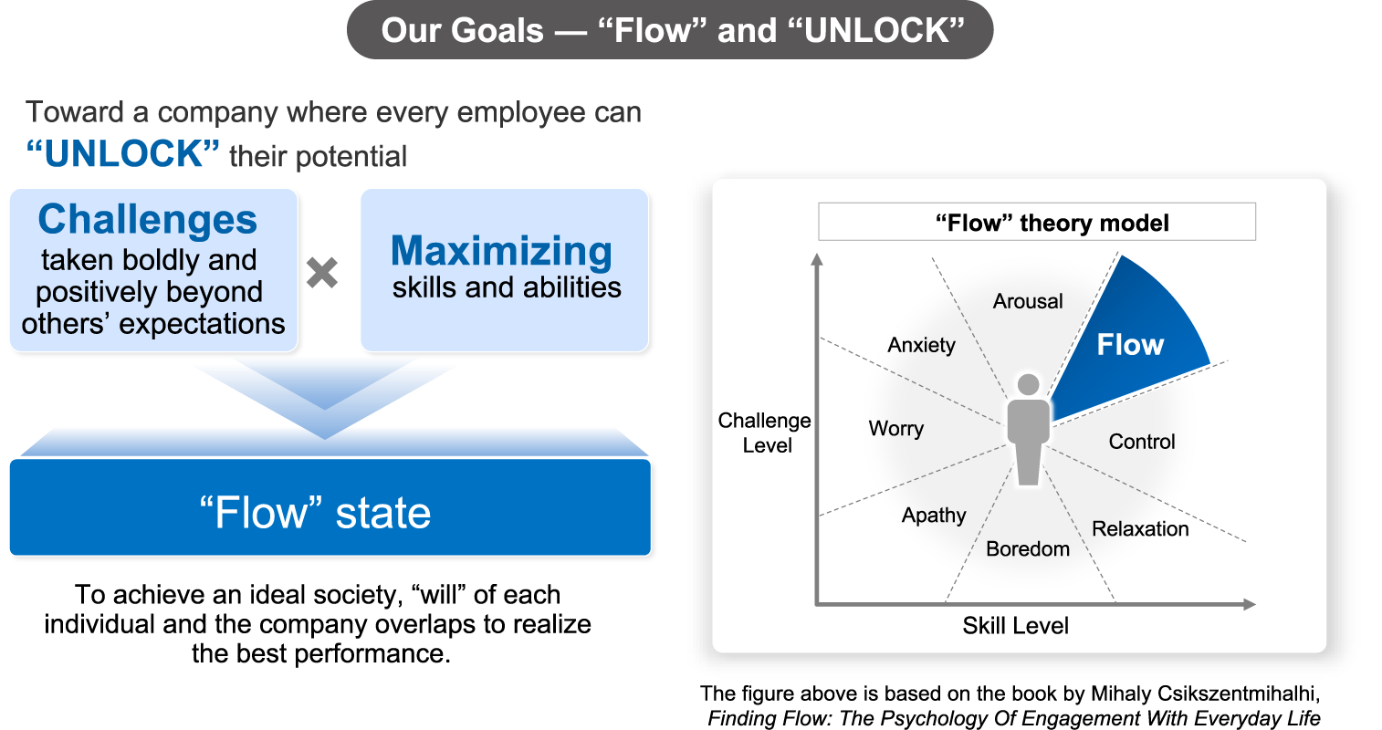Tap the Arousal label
[x=1028, y=301]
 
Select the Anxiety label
[x=921, y=345]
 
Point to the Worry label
[x=895, y=428]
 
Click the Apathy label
[x=933, y=516]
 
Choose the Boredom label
[x=1027, y=549]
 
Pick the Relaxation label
[x=1140, y=529]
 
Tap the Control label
[x=1141, y=442]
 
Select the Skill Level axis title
[x=1015, y=626]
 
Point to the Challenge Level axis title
[x=765, y=433]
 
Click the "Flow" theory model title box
[x=1037, y=223]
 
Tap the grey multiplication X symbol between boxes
[x=322, y=273]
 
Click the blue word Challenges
[x=148, y=220]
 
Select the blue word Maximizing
[x=501, y=251]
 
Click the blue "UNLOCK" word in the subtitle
[x=123, y=154]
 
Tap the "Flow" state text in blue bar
[x=315, y=513]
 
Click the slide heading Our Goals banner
[x=671, y=31]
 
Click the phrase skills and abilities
[x=507, y=288]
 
